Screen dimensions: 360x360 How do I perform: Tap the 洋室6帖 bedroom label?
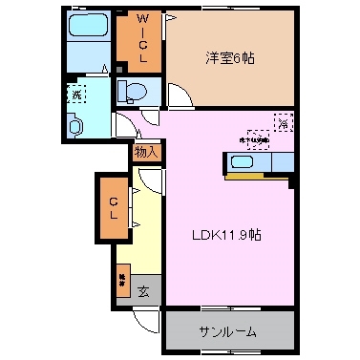[x=228, y=56]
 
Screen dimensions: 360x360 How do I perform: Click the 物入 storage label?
[x=146, y=151]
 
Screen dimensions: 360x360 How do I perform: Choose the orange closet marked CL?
[x=113, y=206]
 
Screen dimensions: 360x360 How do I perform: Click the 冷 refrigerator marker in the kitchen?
[x=284, y=121]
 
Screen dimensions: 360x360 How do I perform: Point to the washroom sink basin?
[x=76, y=125]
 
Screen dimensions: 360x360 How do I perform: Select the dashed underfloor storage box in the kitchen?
[x=259, y=138]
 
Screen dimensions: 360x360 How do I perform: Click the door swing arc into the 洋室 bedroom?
[x=180, y=96]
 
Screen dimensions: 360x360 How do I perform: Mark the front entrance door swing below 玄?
[x=143, y=320]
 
